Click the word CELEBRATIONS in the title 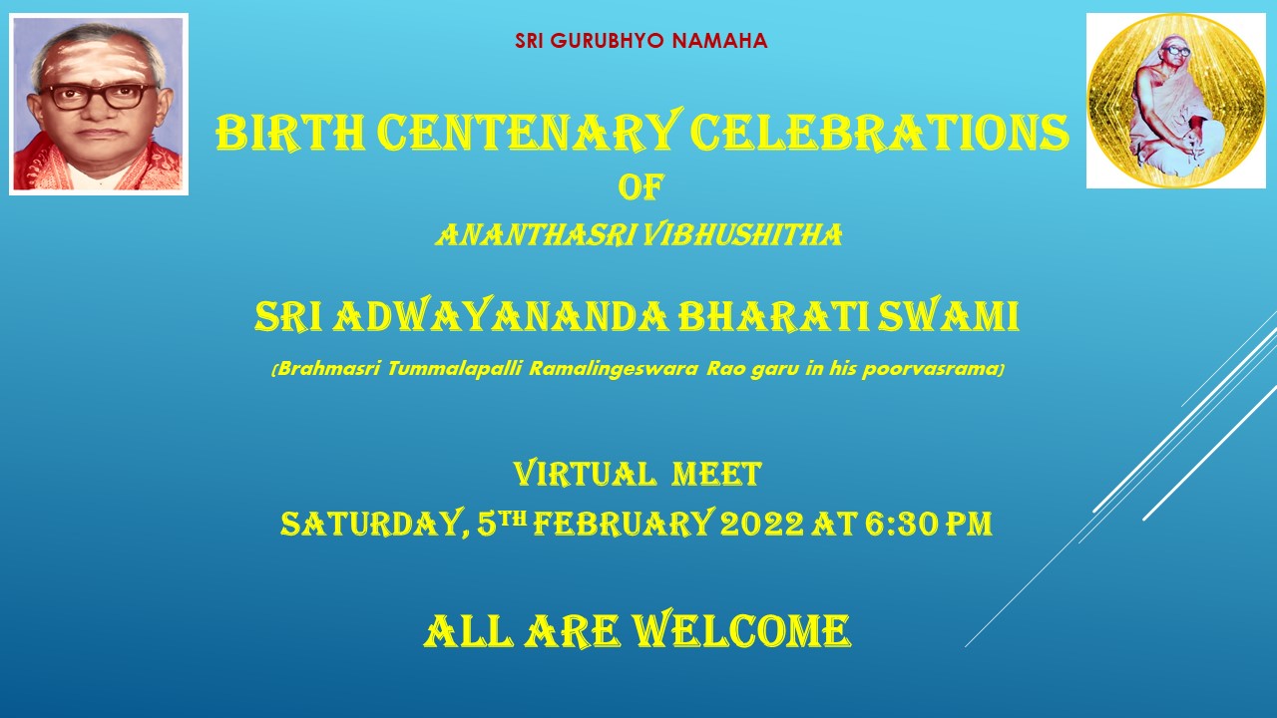point(879,133)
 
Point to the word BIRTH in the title point(290,133)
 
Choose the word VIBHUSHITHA point(743,234)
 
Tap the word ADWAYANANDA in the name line point(500,317)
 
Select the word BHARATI point(773,317)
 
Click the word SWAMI point(948,317)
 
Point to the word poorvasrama point(931,370)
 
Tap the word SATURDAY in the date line point(372,524)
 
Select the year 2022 point(761,524)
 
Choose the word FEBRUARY point(624,523)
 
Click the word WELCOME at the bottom point(741,630)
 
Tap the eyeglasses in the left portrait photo point(99,97)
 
